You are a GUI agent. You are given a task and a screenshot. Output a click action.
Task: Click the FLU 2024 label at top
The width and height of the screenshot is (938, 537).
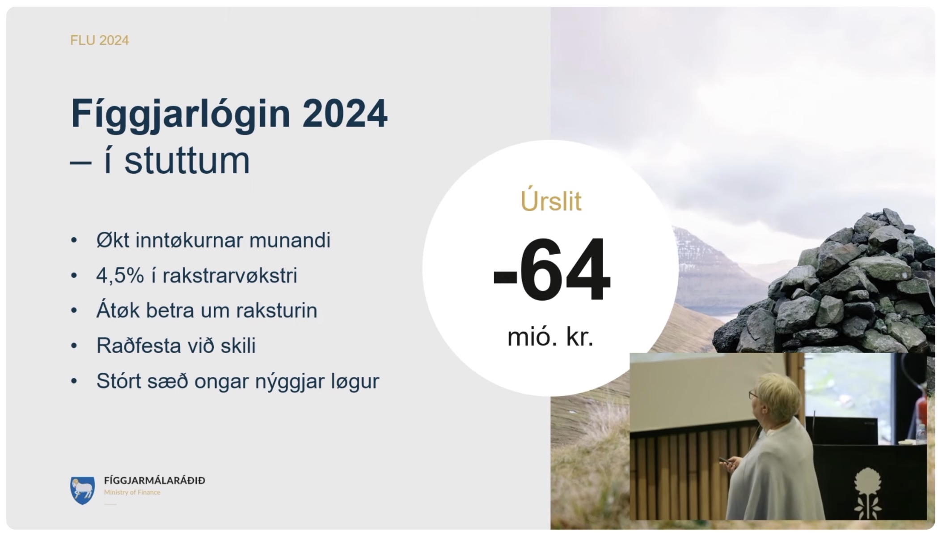pos(99,40)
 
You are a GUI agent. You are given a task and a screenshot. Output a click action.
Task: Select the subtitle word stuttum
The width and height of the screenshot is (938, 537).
pos(187,161)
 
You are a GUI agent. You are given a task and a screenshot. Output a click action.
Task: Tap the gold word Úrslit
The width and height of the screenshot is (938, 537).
pos(551,201)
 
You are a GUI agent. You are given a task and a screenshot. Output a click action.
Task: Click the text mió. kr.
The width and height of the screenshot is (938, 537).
pos(550,337)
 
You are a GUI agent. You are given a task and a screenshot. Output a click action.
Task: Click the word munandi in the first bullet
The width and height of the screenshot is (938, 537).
pos(290,240)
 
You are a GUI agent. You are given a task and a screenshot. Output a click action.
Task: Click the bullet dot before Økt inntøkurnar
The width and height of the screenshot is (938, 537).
pos(74,240)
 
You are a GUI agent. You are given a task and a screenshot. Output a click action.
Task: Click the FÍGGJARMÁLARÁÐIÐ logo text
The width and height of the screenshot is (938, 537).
pos(155,481)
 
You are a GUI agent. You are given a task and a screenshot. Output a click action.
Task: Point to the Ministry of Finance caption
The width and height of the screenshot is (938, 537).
pos(132,492)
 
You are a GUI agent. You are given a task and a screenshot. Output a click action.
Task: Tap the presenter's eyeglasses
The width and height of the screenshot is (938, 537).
pos(753,395)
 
